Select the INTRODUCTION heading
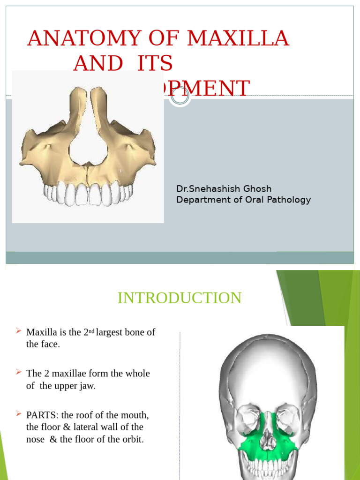(x=180, y=298)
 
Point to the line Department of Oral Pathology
(x=243, y=200)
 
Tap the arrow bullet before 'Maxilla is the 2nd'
(x=18, y=331)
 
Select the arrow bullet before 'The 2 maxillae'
(x=18, y=372)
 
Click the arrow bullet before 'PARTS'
(x=18, y=413)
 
